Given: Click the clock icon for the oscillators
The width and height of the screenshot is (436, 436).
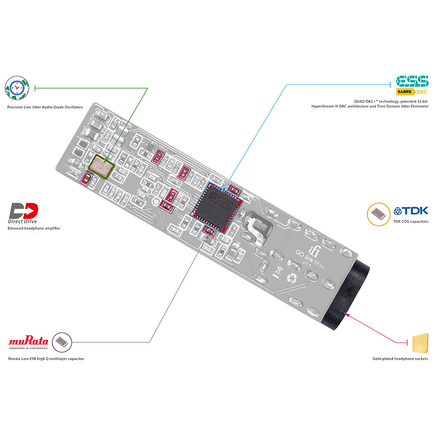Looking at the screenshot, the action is pyautogui.click(x=17, y=88).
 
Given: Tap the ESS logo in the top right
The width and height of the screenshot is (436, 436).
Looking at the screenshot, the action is pyautogui.click(x=412, y=81).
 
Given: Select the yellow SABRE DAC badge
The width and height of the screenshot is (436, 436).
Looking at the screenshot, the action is pyautogui.click(x=412, y=92).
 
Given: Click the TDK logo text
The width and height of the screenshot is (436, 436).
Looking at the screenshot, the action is pyautogui.click(x=411, y=211).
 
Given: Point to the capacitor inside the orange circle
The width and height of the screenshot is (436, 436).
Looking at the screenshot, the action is pyautogui.click(x=379, y=214).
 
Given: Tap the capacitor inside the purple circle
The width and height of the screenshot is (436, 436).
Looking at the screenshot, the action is pyautogui.click(x=62, y=342).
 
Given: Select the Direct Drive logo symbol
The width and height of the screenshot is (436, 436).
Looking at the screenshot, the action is pyautogui.click(x=24, y=211).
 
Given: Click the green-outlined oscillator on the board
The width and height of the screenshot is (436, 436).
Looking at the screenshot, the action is pyautogui.click(x=101, y=166).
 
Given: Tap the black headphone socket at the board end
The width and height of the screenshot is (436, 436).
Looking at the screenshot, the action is pyautogui.click(x=346, y=294).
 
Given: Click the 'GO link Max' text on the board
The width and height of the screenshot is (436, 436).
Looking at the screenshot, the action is pyautogui.click(x=310, y=259).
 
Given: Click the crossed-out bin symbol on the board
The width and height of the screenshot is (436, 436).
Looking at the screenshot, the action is pyautogui.click(x=277, y=271).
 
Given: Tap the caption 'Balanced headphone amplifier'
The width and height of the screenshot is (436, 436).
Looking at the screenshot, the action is pyautogui.click(x=34, y=228).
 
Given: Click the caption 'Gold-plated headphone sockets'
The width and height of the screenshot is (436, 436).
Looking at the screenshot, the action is pyautogui.click(x=400, y=359).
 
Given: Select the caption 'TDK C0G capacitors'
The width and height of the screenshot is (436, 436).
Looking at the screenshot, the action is pyautogui.click(x=411, y=221).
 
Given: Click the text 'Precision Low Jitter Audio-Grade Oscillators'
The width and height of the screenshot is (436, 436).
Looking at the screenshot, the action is pyautogui.click(x=45, y=107).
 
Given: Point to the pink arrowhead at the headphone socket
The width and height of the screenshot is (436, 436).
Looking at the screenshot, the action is pyautogui.click(x=347, y=314).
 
